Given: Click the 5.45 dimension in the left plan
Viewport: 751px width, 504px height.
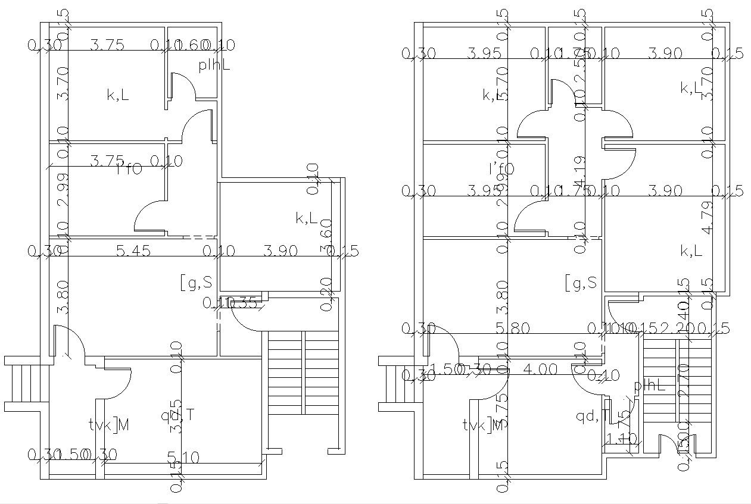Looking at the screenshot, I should (133, 252).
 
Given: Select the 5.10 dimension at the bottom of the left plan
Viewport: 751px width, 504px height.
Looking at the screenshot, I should (183, 457).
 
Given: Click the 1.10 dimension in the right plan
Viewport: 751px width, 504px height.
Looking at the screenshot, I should (621, 439).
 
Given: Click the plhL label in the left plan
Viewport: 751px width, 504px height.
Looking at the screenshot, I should (214, 65).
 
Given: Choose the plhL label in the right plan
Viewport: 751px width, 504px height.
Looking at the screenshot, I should (649, 385).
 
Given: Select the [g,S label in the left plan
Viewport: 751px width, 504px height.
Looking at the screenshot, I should (196, 282).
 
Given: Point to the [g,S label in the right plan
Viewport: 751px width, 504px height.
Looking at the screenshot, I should (581, 283).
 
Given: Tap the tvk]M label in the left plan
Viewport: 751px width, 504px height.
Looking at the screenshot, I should (109, 424).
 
